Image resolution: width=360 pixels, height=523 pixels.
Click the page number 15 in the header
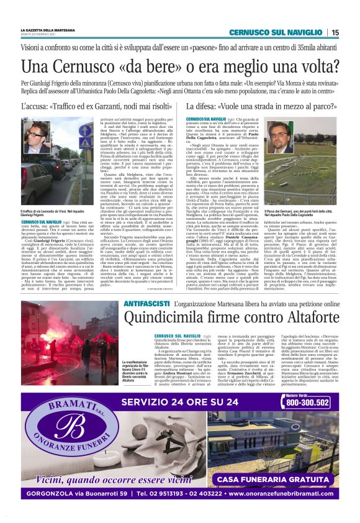click(335, 32)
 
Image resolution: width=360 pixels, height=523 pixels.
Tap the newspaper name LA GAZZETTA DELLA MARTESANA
click(47, 29)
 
